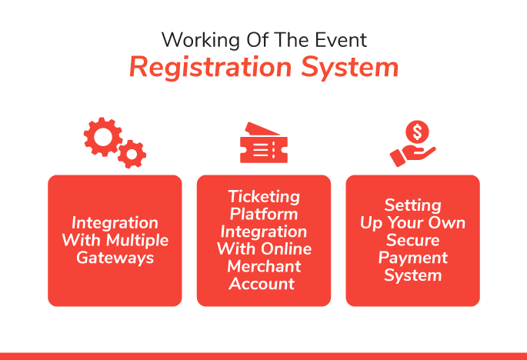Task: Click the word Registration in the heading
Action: click(x=205, y=68)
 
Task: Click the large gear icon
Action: click(x=102, y=138)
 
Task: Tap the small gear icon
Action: click(x=132, y=155)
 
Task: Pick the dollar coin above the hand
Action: click(x=419, y=132)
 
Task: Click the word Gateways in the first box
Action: click(x=115, y=258)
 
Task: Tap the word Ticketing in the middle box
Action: click(x=264, y=198)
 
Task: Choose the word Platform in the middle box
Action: click(x=264, y=214)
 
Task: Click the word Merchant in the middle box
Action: click(x=264, y=266)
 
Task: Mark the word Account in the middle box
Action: click(x=264, y=283)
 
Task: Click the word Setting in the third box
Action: click(x=413, y=205)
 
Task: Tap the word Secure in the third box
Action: click(x=413, y=241)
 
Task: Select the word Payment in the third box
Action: click(x=413, y=258)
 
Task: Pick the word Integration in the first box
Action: click(x=115, y=223)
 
